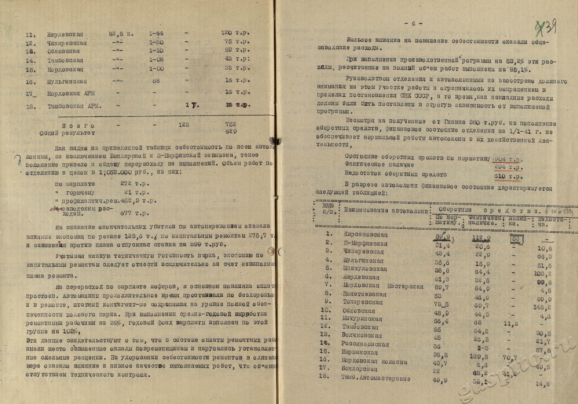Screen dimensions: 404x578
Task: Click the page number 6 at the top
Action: [413, 23]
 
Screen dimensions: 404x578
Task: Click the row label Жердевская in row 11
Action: [65, 34]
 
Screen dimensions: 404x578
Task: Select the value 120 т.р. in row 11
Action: [235, 33]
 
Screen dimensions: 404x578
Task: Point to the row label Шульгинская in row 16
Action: [67, 81]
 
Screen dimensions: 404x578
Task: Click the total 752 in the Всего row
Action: [231, 124]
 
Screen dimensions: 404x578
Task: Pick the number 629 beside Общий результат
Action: [231, 131]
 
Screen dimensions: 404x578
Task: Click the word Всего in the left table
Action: [78, 126]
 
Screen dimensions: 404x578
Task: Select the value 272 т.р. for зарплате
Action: [134, 183]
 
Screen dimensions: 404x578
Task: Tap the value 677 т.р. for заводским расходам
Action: [134, 213]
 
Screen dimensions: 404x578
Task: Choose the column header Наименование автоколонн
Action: [386, 210]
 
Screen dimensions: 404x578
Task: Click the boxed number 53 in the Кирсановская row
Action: [516, 239]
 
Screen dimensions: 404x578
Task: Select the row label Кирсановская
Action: [366, 234]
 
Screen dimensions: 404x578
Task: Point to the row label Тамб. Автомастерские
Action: [375, 378]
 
